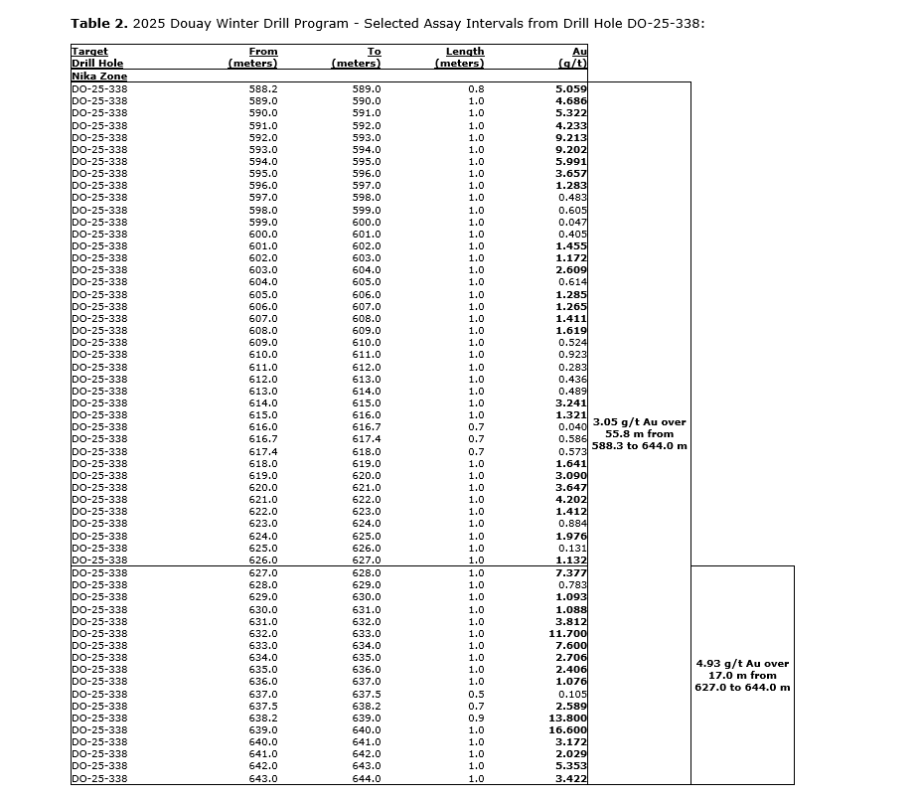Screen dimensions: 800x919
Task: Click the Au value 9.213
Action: [x=571, y=138]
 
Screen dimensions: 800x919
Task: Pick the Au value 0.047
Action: [x=573, y=223]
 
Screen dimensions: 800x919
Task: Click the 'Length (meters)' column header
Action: [x=460, y=58]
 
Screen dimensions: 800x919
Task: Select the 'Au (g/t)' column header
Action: [x=573, y=58]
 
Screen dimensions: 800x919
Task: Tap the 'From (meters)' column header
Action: [x=253, y=58]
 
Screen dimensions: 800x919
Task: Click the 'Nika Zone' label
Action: [x=99, y=77]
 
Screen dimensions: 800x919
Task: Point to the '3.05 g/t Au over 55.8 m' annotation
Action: [x=640, y=434]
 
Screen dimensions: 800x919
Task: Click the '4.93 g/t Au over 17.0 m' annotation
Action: [x=743, y=676]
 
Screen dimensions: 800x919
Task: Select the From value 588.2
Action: [x=262, y=89]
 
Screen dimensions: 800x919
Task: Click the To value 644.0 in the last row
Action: [x=367, y=779]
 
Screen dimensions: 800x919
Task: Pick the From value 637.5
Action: [x=262, y=707]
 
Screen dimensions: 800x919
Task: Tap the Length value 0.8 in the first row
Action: [x=476, y=89]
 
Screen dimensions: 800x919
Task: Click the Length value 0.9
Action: [x=476, y=719]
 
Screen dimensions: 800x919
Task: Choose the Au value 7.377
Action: [x=571, y=573]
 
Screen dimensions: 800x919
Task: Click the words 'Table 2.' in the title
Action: [x=98, y=23]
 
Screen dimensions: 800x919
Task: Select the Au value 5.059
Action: [x=571, y=89]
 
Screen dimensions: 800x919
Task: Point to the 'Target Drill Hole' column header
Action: [x=96, y=58]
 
